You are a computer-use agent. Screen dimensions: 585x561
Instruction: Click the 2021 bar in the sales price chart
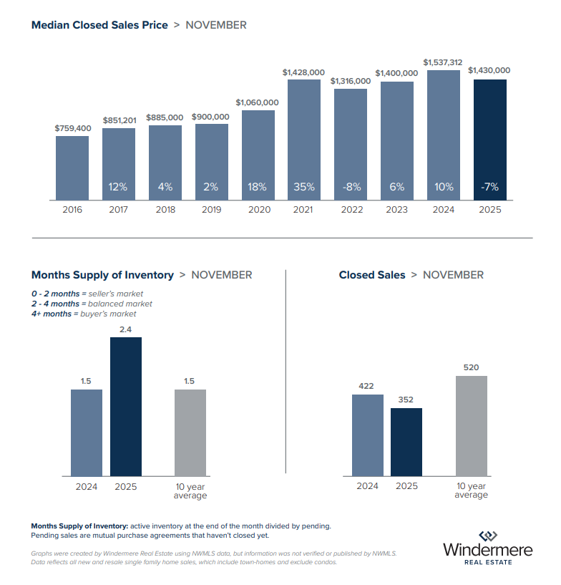(304, 140)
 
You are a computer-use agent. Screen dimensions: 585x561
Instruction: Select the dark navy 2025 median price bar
(489, 140)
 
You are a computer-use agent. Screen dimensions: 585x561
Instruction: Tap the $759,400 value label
(72, 128)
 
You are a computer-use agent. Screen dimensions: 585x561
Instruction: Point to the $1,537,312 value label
(443, 62)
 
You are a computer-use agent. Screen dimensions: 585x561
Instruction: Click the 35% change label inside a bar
(304, 187)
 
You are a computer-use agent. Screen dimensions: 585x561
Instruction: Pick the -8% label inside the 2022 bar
(350, 187)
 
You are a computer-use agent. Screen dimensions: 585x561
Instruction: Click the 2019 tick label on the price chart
(212, 210)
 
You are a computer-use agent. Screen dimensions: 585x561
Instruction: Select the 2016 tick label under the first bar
(72, 210)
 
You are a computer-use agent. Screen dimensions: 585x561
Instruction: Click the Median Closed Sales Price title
(99, 25)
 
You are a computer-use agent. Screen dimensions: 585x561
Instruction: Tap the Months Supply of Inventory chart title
(102, 275)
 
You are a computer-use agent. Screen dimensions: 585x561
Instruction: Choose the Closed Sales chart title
(372, 275)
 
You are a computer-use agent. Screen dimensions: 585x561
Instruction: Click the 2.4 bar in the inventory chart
(126, 406)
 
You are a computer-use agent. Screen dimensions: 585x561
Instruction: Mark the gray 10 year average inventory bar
(190, 432)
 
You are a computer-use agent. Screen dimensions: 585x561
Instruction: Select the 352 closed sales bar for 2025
(406, 442)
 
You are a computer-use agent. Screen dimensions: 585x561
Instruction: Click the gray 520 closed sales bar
(471, 425)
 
